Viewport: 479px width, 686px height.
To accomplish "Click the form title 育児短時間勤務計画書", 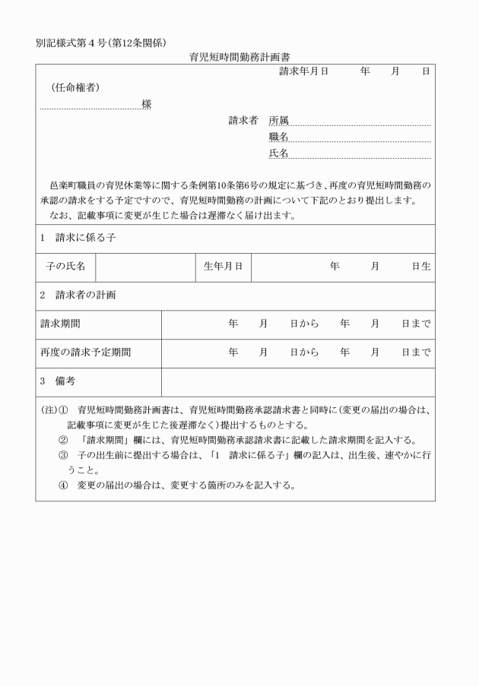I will click(x=239, y=56).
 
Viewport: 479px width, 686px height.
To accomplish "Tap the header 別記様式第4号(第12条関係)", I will click(x=101, y=42).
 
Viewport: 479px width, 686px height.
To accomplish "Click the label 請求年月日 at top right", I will click(x=303, y=71).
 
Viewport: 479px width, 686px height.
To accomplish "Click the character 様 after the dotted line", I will click(x=146, y=104).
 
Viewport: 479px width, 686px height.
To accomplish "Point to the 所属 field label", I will click(x=278, y=120).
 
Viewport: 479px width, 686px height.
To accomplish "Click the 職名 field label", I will click(x=278, y=137).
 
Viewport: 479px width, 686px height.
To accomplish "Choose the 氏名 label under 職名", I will click(x=278, y=153).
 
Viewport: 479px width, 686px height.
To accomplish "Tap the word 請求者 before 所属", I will click(x=243, y=120).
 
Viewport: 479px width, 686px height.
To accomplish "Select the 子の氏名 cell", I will click(x=65, y=266).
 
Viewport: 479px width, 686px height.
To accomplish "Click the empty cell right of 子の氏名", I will click(x=145, y=266).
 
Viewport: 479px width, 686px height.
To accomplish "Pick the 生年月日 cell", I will click(x=223, y=266).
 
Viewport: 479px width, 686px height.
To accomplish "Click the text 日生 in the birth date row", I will click(x=421, y=266).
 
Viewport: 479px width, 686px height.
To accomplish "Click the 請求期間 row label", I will click(x=60, y=324).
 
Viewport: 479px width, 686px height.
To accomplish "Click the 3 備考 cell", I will click(x=58, y=381).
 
